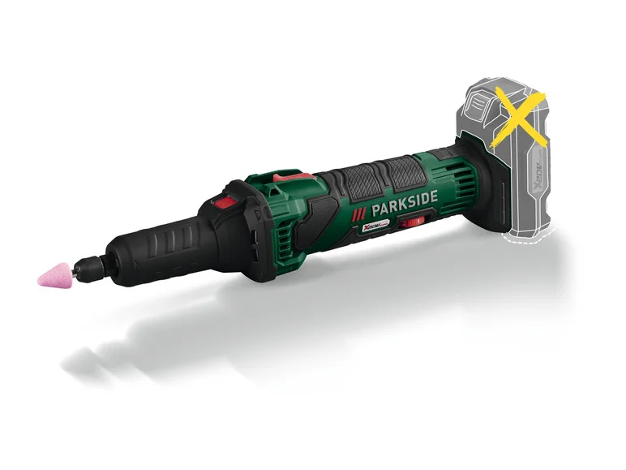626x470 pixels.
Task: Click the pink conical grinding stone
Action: [x=54, y=274]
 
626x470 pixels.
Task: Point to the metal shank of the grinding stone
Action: [x=76, y=265]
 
